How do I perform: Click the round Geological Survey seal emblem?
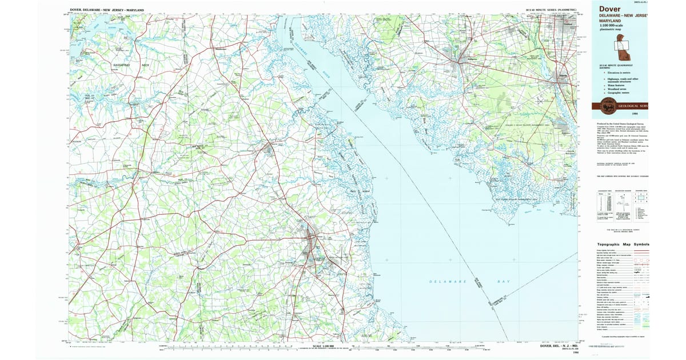pos(605,106)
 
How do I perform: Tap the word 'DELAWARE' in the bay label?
pos(448,282)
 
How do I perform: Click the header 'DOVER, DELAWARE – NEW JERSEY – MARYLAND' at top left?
pos(106,11)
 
